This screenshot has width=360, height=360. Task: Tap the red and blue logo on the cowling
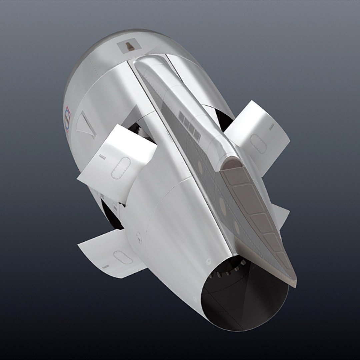click(68, 119)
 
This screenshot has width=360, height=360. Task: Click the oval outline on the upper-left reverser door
click(121, 168)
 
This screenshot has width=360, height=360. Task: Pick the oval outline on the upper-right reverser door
click(258, 144)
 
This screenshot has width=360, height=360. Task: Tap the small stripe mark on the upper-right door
click(272, 127)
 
